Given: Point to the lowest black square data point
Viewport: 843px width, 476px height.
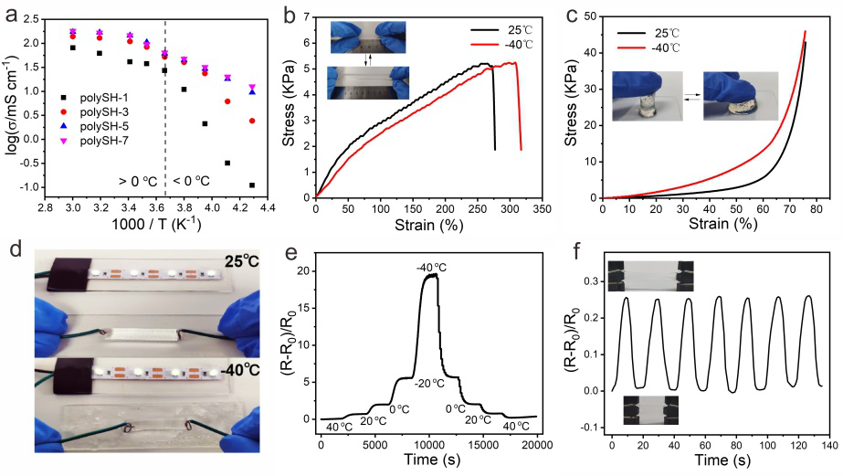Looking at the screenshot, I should tap(251, 185).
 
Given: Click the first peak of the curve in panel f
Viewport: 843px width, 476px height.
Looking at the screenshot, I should tap(627, 298).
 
